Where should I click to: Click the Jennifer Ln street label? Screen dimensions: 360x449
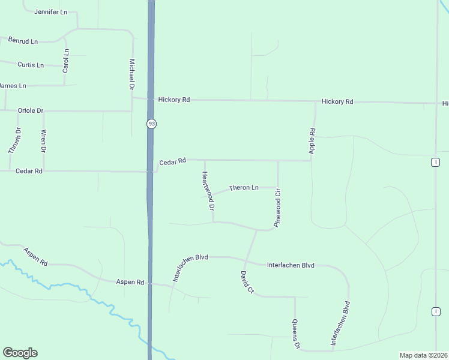(50, 12)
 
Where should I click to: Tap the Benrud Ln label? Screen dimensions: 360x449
(23, 40)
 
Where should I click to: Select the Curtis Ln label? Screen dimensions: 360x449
(31, 65)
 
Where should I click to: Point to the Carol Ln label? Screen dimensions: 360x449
(66, 61)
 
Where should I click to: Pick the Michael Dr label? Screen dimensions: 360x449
(131, 74)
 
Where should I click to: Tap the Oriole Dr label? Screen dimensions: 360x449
(31, 111)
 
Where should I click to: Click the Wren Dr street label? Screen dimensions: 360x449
(43, 141)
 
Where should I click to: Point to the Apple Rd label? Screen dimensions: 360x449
(312, 141)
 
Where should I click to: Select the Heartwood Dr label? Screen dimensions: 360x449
(208, 191)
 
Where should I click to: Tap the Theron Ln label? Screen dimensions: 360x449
(243, 188)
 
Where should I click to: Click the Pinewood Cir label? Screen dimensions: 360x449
(278, 208)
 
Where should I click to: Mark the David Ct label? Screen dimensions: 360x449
(247, 282)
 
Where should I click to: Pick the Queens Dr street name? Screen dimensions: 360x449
(295, 334)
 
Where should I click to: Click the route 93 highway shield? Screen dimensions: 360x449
(151, 124)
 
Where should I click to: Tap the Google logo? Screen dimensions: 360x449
(20, 353)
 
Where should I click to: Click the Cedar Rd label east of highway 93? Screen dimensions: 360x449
(173, 162)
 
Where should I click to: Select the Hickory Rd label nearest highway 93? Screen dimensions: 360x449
(174, 100)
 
